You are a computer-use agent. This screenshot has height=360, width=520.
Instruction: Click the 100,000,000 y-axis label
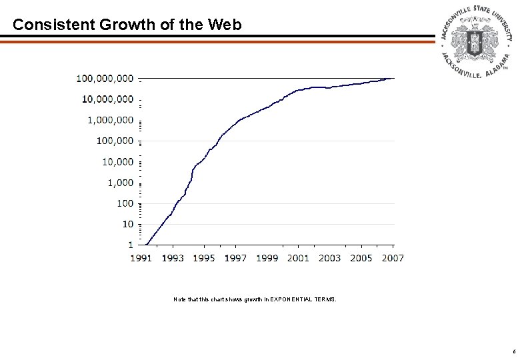[105, 79]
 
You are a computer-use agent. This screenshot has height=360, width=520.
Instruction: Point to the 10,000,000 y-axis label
[107, 99]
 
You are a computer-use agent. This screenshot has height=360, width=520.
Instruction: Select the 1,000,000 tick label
[110, 120]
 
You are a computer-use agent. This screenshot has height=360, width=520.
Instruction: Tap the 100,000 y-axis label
[115, 141]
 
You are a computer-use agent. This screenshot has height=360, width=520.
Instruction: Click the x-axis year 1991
[141, 258]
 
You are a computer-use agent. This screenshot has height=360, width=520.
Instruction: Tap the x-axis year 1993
[173, 258]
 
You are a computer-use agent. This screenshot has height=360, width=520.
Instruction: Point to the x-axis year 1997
[235, 258]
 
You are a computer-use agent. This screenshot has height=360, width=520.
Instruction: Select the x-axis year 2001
[298, 258]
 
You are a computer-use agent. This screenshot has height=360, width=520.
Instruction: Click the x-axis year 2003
[329, 258]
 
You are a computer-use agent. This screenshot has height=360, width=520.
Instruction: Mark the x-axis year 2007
[392, 258]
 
